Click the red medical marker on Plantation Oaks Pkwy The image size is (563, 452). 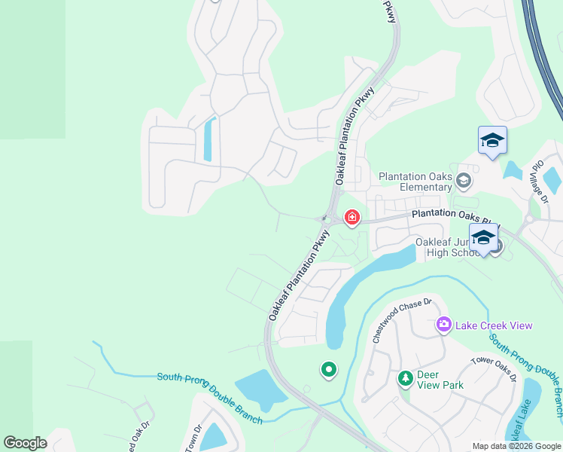[351, 218]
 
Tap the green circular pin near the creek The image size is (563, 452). [329, 369]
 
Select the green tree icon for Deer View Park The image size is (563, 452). [405, 377]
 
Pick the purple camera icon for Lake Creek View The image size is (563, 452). [443, 325]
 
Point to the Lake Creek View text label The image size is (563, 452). [493, 325]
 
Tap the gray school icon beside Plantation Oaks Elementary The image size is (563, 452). [464, 180]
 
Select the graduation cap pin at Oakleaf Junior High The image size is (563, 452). [482, 238]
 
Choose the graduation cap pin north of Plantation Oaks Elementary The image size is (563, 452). [492, 140]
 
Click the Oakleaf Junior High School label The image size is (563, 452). [448, 247]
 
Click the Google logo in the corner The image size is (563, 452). [26, 443]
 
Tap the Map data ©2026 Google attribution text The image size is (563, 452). [516, 446]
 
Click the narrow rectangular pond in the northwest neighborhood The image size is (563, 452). [208, 139]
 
